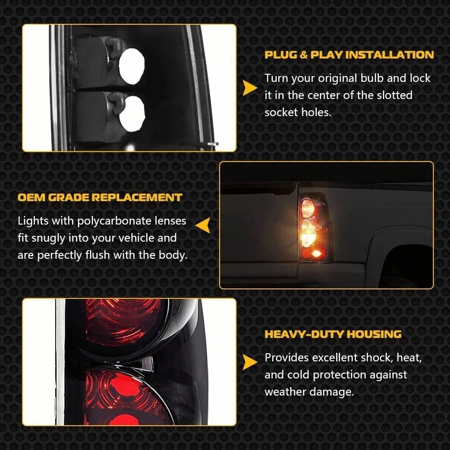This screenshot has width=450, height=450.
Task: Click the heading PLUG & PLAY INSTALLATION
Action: click(349, 55)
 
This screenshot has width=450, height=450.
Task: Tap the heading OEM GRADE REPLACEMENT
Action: click(100, 198)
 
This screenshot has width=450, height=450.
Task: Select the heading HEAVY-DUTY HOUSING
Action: click(333, 334)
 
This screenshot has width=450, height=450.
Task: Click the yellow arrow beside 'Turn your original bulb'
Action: click(250, 88)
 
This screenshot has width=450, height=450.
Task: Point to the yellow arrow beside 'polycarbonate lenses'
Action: click(203, 225)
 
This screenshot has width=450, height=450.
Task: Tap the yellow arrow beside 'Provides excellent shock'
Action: click(250, 362)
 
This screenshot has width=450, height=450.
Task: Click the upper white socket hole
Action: click(132, 66)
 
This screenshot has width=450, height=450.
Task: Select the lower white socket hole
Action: click(132, 114)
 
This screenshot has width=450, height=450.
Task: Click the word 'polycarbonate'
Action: click(114, 221)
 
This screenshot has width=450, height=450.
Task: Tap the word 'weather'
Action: click(285, 391)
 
